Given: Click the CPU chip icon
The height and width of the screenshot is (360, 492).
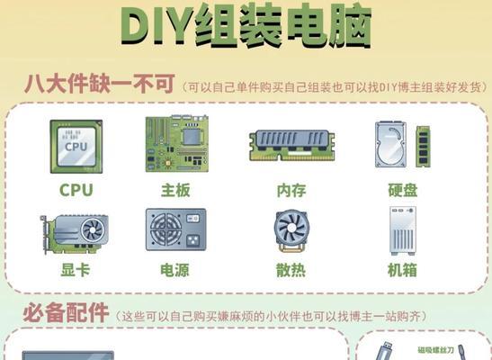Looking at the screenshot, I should tap(76, 146).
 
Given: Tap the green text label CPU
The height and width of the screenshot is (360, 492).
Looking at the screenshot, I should tap(76, 190).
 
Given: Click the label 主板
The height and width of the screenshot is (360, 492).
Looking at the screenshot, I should tap(175, 190).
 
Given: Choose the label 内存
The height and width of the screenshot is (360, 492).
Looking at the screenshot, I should tap(292, 190).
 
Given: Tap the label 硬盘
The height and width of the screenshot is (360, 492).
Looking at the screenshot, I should tap(402, 190).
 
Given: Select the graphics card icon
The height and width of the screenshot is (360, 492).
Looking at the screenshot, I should tap(76, 232).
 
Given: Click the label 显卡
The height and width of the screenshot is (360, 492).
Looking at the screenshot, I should tap(76, 270).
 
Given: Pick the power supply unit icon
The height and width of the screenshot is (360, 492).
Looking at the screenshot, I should tap(175, 230).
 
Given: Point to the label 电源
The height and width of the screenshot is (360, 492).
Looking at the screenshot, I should tap(175, 270).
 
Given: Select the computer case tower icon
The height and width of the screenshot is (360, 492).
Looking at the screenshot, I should tap(403, 230).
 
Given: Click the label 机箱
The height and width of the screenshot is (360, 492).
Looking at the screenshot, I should tap(402, 270).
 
